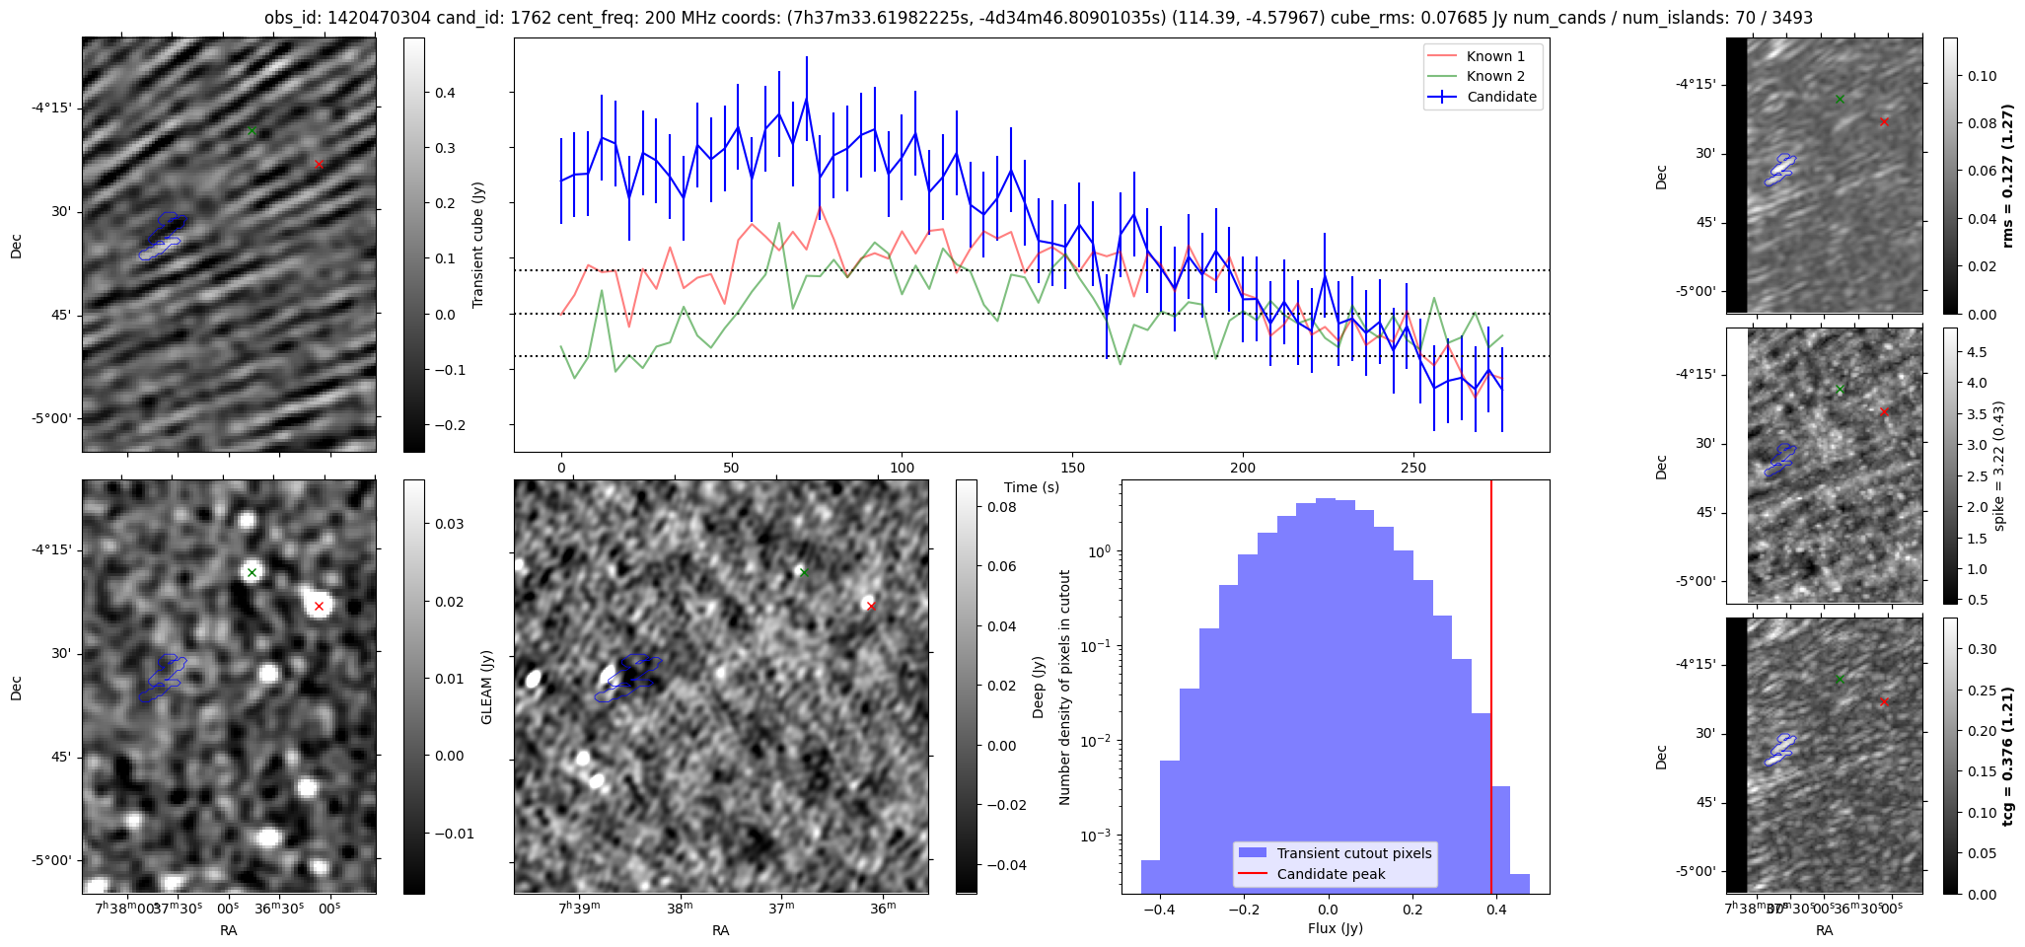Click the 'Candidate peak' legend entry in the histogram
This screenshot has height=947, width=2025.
point(1331,874)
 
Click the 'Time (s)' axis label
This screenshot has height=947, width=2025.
point(1031,487)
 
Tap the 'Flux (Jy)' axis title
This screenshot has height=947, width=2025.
point(1335,928)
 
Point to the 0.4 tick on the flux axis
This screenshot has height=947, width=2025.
point(1496,909)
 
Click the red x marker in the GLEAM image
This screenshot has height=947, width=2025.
point(319,606)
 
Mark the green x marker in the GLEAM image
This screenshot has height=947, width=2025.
point(252,572)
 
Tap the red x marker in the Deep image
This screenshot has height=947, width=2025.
point(871,606)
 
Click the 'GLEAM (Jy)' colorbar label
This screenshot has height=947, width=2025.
point(486,688)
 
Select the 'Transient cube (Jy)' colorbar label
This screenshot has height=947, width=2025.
point(478,245)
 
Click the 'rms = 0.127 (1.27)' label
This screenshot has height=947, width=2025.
point(2008,176)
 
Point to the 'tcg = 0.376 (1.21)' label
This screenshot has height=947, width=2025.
point(2008,756)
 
